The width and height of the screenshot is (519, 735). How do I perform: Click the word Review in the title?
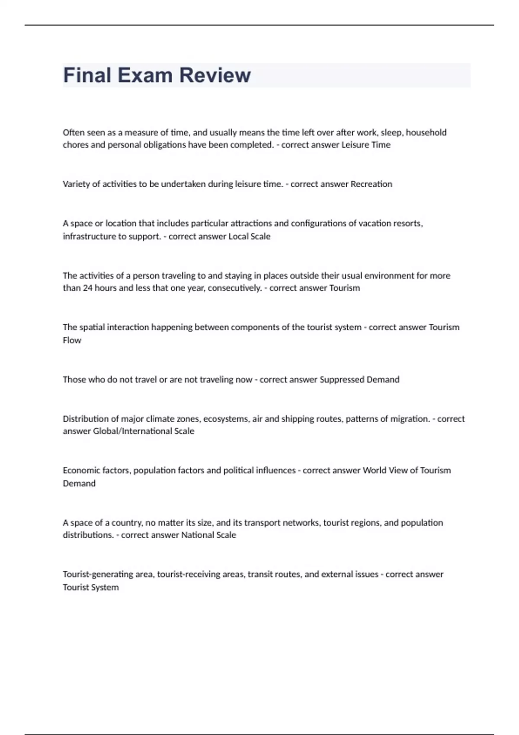(215, 75)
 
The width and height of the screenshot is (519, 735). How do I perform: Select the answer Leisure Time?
(366, 145)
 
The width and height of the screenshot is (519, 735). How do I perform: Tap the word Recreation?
(371, 184)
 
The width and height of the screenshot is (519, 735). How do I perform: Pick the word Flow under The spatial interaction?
(72, 340)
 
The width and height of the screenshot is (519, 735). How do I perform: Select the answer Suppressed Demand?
(359, 380)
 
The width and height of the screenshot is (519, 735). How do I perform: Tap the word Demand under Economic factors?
(79, 483)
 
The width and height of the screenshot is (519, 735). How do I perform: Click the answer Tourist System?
(90, 587)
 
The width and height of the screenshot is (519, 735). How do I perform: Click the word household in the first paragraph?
(426, 132)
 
